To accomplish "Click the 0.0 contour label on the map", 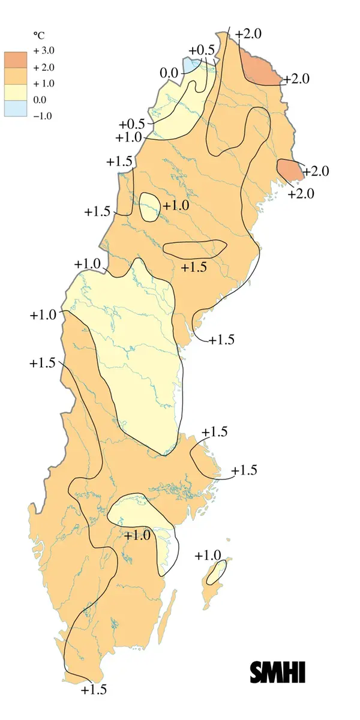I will pos(169,73).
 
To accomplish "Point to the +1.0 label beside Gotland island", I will pos(208,556).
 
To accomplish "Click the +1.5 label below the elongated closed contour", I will pos(193,267).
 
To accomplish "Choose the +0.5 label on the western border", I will pos(132,124).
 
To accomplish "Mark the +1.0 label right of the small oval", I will pos(176,205).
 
